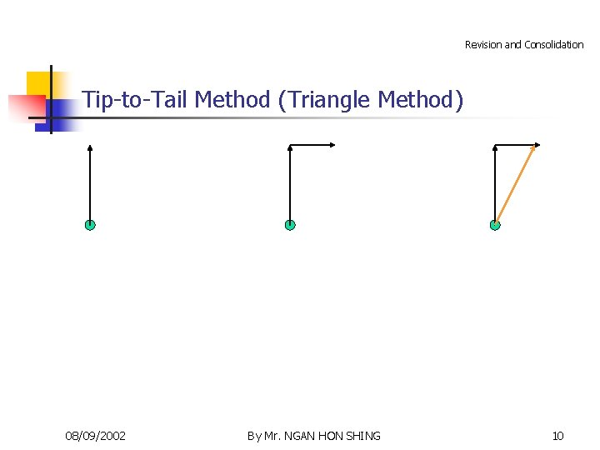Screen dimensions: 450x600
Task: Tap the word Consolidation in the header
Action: point(554,45)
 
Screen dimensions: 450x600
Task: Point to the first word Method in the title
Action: point(232,100)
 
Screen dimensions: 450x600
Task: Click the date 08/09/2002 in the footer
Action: point(96,436)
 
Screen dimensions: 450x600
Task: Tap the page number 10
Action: point(557,436)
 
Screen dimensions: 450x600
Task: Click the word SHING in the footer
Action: point(362,436)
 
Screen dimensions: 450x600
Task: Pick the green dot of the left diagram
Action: point(90,225)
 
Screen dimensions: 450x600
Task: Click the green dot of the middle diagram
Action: point(290,225)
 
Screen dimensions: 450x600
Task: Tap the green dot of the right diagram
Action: point(495,225)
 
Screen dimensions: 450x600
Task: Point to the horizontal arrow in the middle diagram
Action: point(312,146)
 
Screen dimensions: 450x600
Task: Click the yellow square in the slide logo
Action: point(37,83)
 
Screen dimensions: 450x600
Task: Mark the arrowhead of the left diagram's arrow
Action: point(90,148)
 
